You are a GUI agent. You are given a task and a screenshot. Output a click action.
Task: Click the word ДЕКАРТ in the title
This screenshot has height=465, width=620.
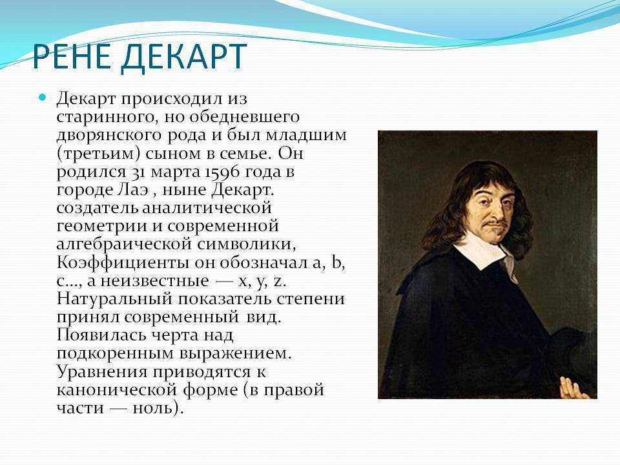coord(184,57)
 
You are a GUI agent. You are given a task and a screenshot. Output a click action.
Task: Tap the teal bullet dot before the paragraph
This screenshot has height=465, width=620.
coord(43,97)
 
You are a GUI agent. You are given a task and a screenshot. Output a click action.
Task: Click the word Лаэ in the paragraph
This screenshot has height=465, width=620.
coord(133,190)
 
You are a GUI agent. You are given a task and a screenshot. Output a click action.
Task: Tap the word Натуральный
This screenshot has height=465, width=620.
coord(115,299)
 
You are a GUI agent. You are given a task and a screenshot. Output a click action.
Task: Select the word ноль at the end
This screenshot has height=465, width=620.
coord(154,408)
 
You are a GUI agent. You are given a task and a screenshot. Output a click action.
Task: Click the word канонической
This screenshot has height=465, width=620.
coord(117,390)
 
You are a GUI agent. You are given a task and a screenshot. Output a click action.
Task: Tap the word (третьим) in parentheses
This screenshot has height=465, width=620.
coord(98,154)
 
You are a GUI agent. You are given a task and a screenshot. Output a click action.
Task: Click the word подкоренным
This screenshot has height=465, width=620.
coord(115,354)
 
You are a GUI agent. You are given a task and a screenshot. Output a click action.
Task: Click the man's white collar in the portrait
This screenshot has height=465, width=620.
coord(485,253)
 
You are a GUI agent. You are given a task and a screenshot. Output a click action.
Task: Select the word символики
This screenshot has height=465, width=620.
coord(245,245)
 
